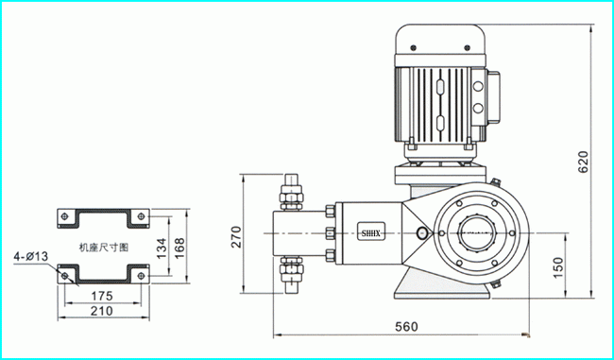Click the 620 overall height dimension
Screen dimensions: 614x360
pyautogui.click(x=583, y=163)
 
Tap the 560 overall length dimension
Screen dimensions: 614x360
pyautogui.click(x=406, y=326)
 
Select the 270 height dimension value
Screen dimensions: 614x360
pyautogui.click(x=236, y=236)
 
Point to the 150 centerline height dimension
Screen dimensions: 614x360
pyautogui.click(x=558, y=267)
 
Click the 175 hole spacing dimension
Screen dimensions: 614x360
pyautogui.click(x=102, y=296)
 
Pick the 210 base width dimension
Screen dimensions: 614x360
pyautogui.click(x=102, y=311)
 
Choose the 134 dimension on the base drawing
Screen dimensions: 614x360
pyautogui.click(x=162, y=249)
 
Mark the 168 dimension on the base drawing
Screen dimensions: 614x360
pyautogui.click(x=179, y=248)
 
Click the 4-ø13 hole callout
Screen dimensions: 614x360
pyautogui.click(x=31, y=257)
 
